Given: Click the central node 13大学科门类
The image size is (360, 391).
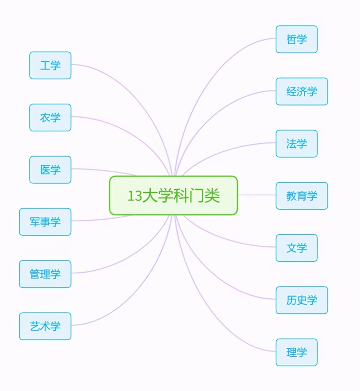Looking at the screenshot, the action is [173, 195].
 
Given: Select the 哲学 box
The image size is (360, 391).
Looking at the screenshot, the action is [297, 39].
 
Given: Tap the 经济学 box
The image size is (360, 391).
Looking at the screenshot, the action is [302, 91].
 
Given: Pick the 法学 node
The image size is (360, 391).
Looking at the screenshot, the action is [297, 143].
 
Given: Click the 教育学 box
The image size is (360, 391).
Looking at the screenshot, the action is [302, 196].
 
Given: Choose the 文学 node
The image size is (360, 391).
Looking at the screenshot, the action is [297, 248].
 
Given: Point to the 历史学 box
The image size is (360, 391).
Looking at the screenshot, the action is [302, 300].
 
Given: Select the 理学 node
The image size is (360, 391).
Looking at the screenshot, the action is [297, 352].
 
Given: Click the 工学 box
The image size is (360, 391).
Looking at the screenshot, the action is [50, 65].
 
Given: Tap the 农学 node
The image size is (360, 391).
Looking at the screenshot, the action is [50, 117].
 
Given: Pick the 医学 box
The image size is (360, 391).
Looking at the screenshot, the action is [50, 170].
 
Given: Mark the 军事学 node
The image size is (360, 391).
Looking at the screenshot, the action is [45, 222].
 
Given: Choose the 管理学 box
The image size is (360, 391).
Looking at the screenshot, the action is [45, 274].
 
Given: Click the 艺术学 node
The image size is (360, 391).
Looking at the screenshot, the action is [45, 326].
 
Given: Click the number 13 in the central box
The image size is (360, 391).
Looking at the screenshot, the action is [135, 196].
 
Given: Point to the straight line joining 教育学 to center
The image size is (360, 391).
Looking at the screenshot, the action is [257, 195].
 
